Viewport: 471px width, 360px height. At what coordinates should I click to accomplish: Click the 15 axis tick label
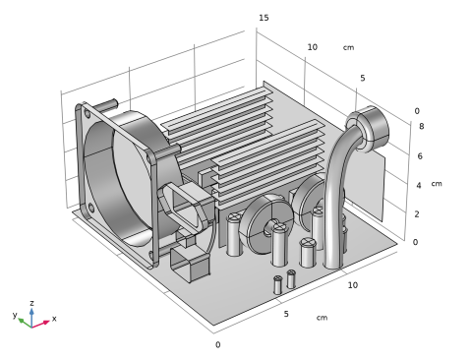[x=264, y=18]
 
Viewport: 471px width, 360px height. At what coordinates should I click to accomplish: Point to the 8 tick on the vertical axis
[x=422, y=126]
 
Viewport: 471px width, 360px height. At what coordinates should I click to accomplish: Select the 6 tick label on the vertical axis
[x=420, y=156]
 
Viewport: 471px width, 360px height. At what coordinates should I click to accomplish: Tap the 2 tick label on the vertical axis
[x=417, y=214]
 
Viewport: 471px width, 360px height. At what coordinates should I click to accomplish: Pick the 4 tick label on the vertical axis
[x=419, y=186]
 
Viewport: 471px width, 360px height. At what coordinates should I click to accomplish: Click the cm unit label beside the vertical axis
[x=437, y=184]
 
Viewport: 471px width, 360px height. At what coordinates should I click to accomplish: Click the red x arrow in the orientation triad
[x=40, y=324]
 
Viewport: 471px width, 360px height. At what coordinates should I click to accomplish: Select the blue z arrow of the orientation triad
[x=31, y=318]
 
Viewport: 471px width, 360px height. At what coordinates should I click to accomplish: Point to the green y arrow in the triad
[x=25, y=323]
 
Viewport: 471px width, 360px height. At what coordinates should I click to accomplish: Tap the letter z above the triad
[x=31, y=303]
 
